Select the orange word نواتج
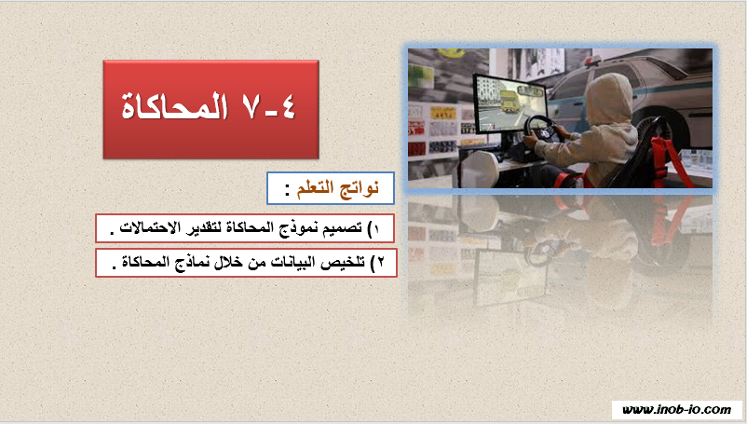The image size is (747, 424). [360, 188]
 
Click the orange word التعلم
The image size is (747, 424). [318, 188]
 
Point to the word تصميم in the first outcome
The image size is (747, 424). [345, 227]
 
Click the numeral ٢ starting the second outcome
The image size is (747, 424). [380, 262]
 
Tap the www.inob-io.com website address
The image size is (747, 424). [676, 410]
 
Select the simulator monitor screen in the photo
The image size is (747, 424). [509, 103]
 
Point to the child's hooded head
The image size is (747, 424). [610, 99]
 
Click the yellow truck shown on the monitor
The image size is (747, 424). [509, 102]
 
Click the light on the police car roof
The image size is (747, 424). [593, 60]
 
